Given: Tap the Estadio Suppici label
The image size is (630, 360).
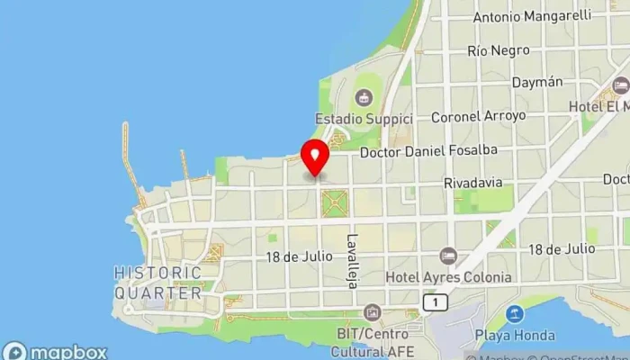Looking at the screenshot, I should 364,119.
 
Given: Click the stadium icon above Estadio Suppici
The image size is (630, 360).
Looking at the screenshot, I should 364,97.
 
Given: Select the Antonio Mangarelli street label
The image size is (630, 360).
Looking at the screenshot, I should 532,15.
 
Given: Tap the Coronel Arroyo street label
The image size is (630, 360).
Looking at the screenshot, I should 478,116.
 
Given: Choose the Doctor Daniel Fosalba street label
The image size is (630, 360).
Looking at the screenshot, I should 428,153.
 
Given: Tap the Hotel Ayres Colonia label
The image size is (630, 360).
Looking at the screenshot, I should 447,277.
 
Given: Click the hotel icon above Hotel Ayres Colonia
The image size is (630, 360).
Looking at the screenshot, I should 448,256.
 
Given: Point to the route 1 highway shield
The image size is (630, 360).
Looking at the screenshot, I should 436,303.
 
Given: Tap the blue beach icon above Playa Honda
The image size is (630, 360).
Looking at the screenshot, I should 514,314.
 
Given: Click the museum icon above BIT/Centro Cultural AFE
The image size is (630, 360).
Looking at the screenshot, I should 372,312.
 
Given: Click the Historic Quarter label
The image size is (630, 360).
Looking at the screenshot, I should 158,283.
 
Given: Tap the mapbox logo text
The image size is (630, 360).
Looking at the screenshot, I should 67,352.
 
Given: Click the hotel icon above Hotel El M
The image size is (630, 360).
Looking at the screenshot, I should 620,85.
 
